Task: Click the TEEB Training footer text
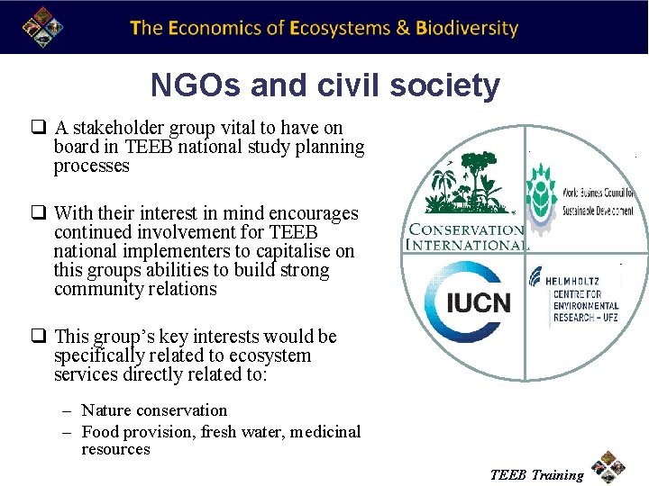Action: coord(536,474)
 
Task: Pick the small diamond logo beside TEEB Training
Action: coord(609,467)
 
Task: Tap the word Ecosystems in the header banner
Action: coord(340,28)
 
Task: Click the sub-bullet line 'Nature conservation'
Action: coord(154,410)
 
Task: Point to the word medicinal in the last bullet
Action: coord(324,432)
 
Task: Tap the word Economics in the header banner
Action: coord(214,28)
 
